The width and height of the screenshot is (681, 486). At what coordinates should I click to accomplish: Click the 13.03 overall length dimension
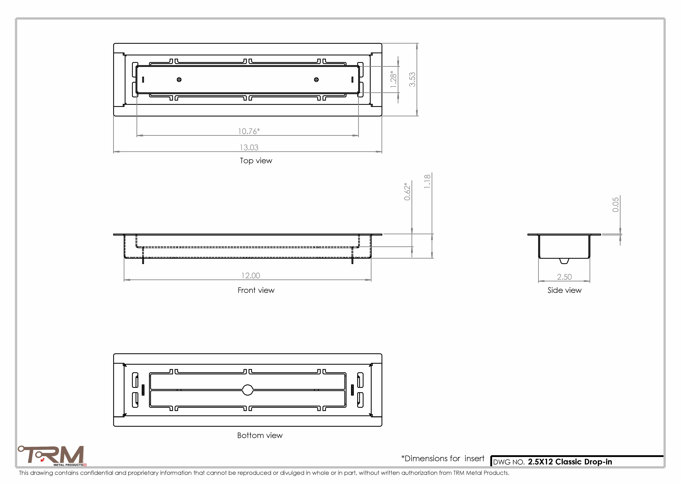click(249, 148)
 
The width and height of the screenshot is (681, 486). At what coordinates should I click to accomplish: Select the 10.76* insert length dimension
click(249, 131)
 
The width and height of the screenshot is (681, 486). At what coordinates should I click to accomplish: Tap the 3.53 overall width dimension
click(412, 79)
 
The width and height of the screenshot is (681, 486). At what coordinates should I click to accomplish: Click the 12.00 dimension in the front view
click(251, 276)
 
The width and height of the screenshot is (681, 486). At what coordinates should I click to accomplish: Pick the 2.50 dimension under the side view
click(564, 277)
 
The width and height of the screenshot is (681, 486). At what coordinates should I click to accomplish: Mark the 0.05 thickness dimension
click(615, 205)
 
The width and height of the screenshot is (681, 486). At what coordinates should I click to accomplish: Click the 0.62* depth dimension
click(407, 191)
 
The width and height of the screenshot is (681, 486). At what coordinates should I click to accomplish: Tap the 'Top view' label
click(256, 161)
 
